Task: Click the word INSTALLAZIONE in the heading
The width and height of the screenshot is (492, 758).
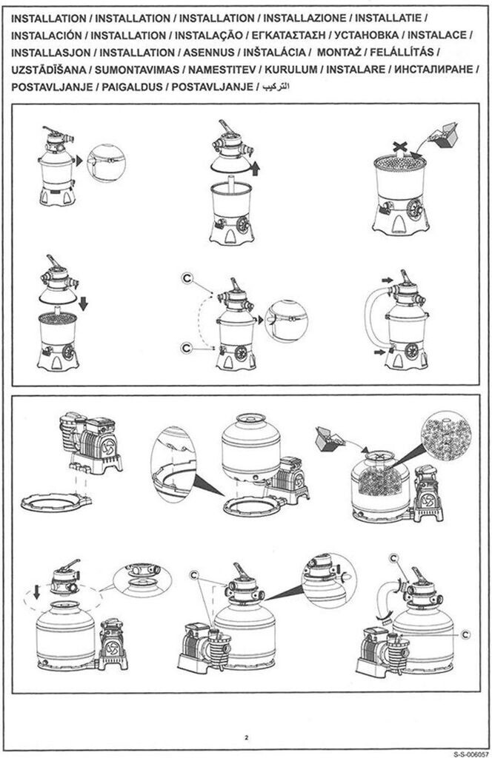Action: click(x=305, y=19)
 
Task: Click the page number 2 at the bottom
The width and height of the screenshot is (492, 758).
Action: click(x=246, y=738)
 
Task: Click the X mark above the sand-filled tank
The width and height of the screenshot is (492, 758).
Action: click(x=399, y=146)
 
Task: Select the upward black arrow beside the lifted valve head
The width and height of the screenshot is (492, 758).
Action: click(x=256, y=168)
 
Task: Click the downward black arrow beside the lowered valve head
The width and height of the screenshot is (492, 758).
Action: click(x=83, y=303)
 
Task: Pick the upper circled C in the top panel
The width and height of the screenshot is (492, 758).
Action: click(x=187, y=278)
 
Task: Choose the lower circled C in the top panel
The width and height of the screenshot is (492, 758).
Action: click(x=187, y=347)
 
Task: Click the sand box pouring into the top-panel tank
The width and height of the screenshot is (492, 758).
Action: click(x=443, y=134)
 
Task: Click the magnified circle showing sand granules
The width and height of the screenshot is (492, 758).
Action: click(x=446, y=436)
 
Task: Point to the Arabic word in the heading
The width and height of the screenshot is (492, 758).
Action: click(x=275, y=87)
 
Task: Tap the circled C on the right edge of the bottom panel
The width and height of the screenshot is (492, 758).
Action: click(x=465, y=634)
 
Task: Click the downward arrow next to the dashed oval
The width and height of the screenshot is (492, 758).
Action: click(x=36, y=591)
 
